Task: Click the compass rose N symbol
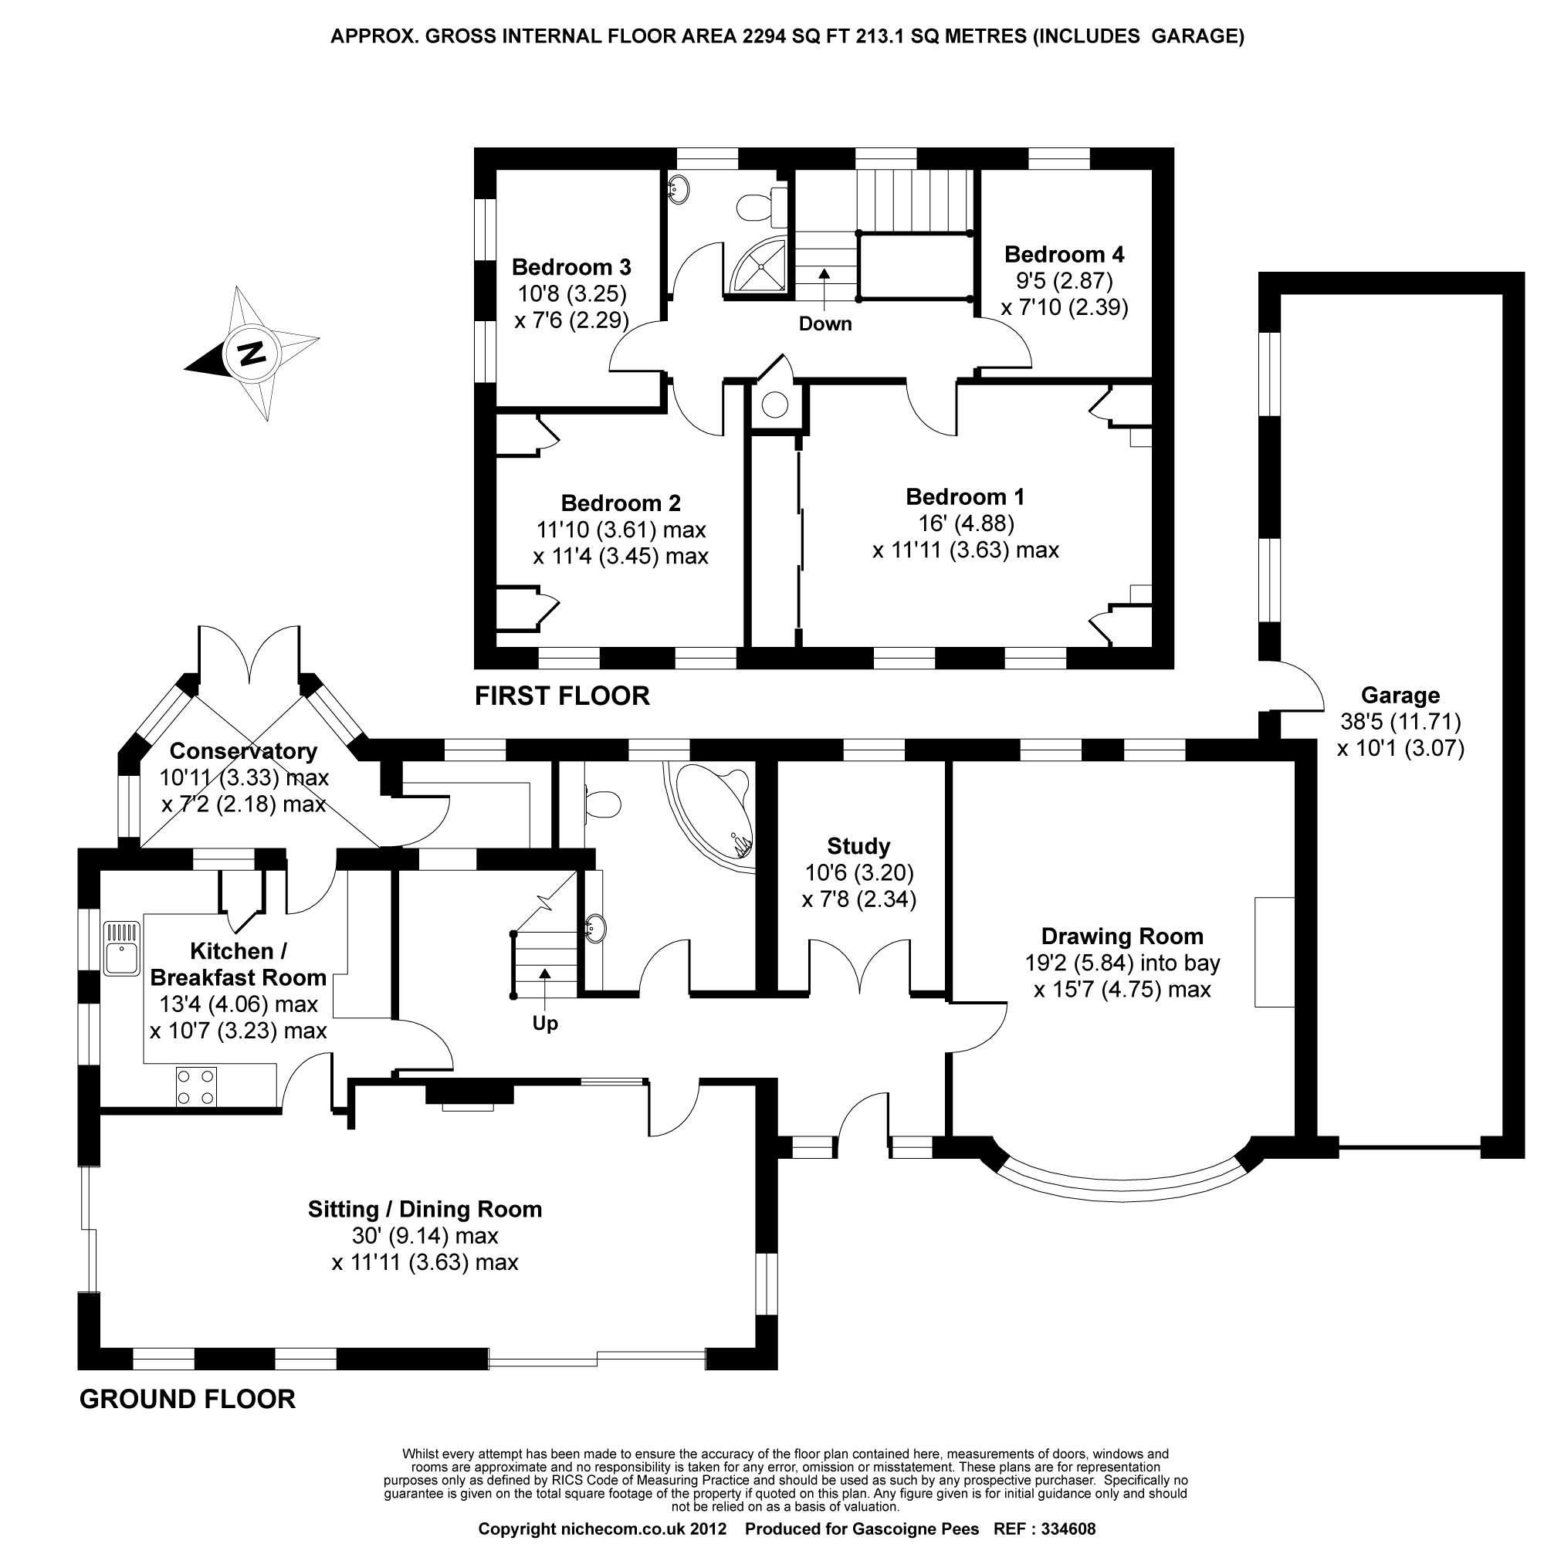coord(252,353)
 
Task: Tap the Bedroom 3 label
coord(571,267)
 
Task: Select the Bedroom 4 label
coord(1064,254)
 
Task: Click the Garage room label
coord(1400,696)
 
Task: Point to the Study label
coord(858,845)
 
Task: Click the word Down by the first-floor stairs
coord(824,323)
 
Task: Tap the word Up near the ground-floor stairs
coord(545,1024)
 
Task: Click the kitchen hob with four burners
coord(197,1087)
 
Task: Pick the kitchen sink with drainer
coord(122,948)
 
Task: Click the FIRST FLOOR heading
coord(562,696)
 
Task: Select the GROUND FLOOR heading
coord(187,1399)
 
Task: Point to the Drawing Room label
coord(1122,936)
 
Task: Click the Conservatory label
coord(243,751)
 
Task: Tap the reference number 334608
coord(1064,1529)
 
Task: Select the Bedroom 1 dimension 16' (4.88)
coord(967,523)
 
